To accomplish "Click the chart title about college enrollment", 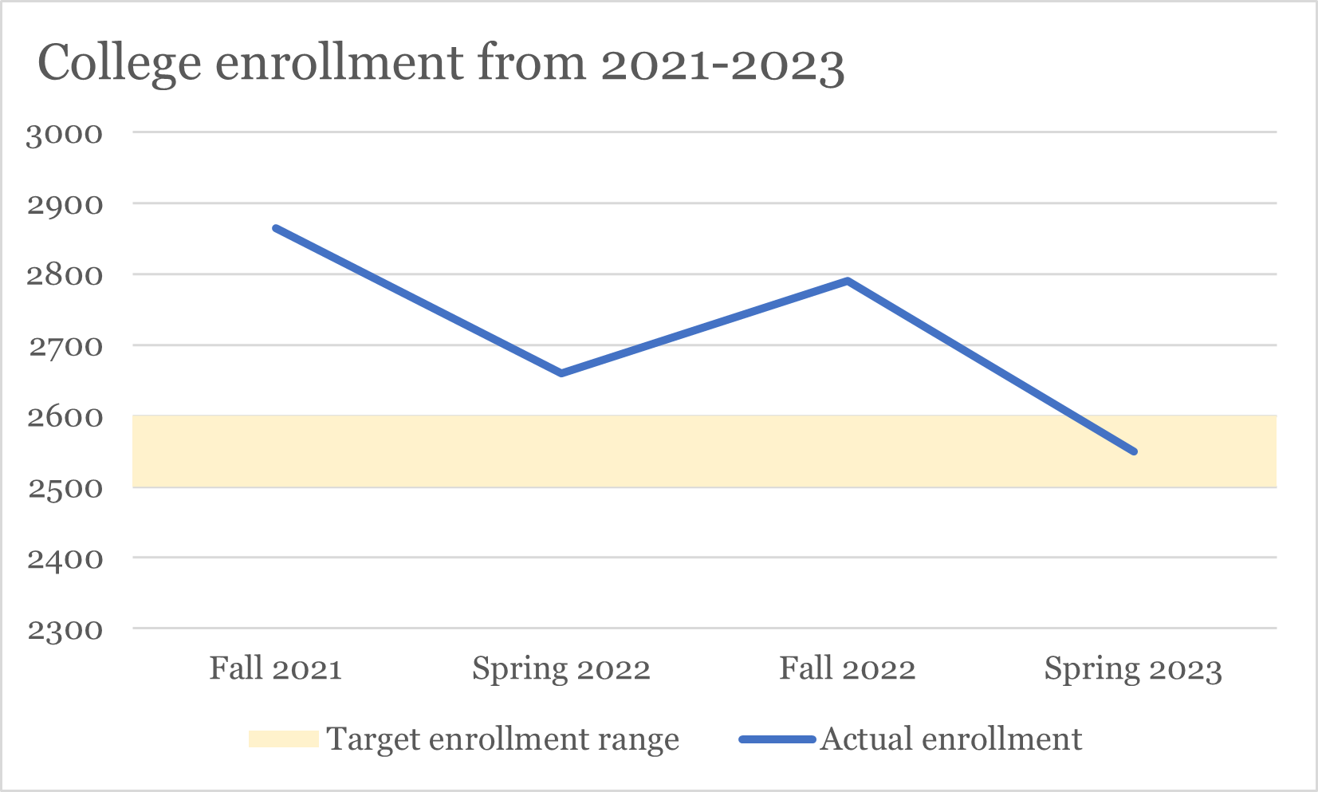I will [440, 64].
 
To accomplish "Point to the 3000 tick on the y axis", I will [65, 134].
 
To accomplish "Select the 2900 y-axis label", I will [65, 205].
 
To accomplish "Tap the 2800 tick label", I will [65, 276].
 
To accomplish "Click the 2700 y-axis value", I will [65, 347].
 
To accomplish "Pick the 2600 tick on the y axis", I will [65, 417].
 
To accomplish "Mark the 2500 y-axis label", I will [65, 488].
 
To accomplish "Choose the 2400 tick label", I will [65, 559].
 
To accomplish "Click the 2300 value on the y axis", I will [65, 630].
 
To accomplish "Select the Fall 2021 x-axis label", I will [275, 668].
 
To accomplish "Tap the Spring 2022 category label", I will [561, 668].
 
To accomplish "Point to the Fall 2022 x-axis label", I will [847, 668].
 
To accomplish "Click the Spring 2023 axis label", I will [1132, 668].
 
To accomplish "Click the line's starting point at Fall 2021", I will [276, 229].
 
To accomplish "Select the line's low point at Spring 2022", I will [561, 373].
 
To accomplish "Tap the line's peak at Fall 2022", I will [848, 281].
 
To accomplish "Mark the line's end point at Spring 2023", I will [1133, 451].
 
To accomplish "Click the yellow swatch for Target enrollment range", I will [283, 739].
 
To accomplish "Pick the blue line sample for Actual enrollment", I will [777, 739].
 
